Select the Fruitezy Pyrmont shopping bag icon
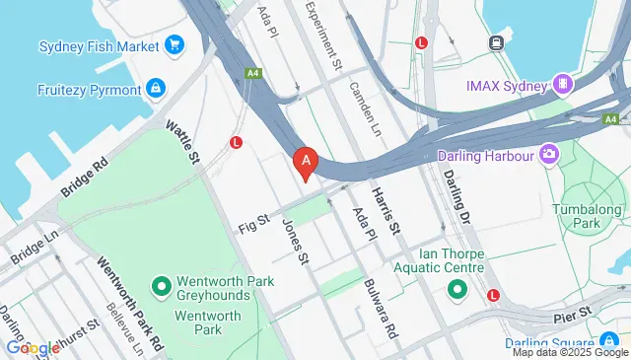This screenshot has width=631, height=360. coord(155,89)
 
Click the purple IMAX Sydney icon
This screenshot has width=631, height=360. coord(564,86)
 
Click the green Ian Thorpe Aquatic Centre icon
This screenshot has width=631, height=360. coord(456,290)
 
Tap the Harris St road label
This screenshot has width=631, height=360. coord(386,211)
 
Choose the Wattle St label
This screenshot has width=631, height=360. coord(183,143)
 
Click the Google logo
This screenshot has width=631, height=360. coord(33,347)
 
